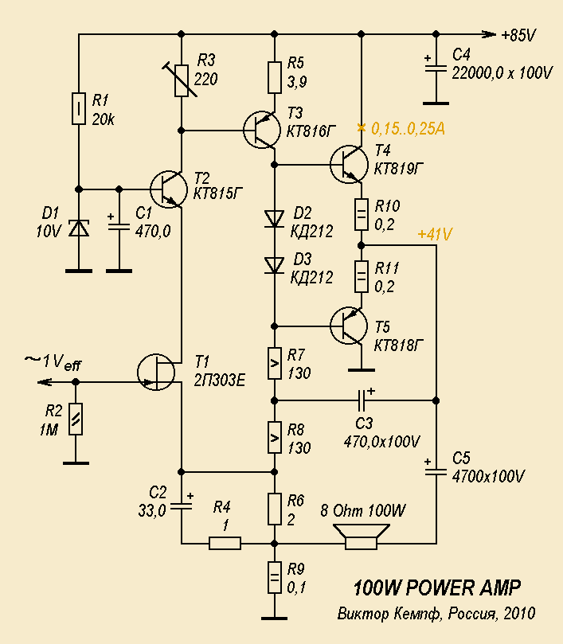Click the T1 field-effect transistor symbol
point(156,372)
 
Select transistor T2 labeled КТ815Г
point(170,189)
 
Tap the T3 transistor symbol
point(262,130)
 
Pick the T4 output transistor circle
point(349,164)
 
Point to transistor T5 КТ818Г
point(349,326)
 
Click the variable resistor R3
point(182,80)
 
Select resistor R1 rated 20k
point(79,109)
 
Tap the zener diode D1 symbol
point(79,228)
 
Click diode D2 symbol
point(275,219)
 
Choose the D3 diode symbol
point(275,265)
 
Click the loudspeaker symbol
point(362,537)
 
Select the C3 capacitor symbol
point(362,400)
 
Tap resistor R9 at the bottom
point(275,577)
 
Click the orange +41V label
point(435,234)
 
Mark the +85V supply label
point(518,35)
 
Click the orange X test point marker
point(362,127)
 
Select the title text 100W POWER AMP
point(437,587)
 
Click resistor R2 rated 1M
point(76,419)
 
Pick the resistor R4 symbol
point(225,543)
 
